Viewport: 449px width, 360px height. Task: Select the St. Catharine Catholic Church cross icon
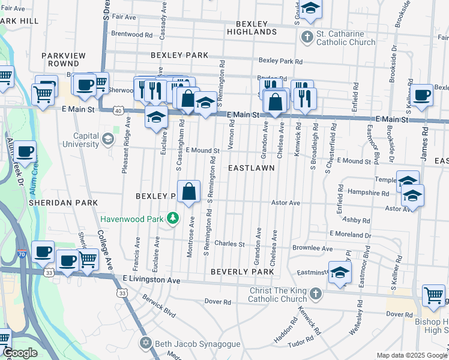click(307, 37)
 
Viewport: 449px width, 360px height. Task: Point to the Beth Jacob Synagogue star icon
click(145, 344)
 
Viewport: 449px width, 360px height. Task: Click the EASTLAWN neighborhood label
click(252, 169)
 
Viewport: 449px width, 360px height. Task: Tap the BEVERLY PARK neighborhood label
click(243, 272)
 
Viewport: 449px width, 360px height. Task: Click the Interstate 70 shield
click(22, 254)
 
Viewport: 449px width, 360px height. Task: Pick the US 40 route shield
click(118, 111)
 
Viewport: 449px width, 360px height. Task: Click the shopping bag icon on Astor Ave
click(188, 192)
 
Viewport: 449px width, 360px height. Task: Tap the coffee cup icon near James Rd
click(421, 95)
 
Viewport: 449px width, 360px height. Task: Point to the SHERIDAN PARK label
click(63, 203)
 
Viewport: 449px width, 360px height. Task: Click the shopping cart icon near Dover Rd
click(433, 295)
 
